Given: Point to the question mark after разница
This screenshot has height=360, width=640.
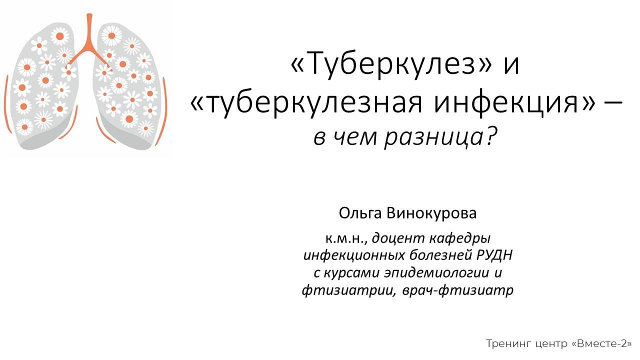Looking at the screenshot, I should coord(492,136).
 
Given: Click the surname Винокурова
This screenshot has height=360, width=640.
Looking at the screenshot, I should coord(431,213).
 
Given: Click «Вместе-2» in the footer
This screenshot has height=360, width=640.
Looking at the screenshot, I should coord(602,344).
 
